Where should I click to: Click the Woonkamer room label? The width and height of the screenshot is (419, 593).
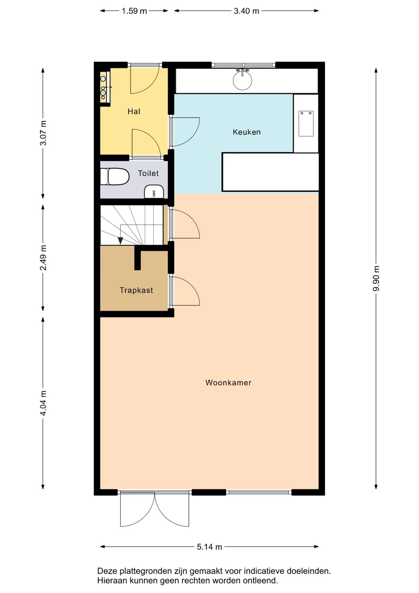[228, 383]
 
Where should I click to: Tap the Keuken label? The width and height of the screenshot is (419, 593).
[247, 132]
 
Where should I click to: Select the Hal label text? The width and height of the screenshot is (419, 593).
[134, 111]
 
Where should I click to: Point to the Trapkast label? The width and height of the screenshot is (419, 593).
[136, 290]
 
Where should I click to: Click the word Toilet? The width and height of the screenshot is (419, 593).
[148, 173]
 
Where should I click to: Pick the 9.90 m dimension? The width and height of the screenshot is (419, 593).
[376, 278]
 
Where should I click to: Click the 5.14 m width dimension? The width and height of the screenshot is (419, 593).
[209, 547]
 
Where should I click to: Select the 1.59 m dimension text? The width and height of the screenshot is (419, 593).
[134, 11]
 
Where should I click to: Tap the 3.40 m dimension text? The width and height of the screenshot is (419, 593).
[246, 11]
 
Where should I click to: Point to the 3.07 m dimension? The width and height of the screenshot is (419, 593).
[43, 133]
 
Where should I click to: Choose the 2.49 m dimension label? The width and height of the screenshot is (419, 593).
[43, 258]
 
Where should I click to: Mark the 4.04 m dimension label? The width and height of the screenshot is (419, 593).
[43, 403]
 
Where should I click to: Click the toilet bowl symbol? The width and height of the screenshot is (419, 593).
[115, 177]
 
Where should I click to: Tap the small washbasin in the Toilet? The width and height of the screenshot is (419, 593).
[154, 192]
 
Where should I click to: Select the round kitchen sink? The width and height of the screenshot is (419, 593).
[243, 80]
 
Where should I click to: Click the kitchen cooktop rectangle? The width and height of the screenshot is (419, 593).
[306, 124]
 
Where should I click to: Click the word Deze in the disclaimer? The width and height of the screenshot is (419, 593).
[107, 571]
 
